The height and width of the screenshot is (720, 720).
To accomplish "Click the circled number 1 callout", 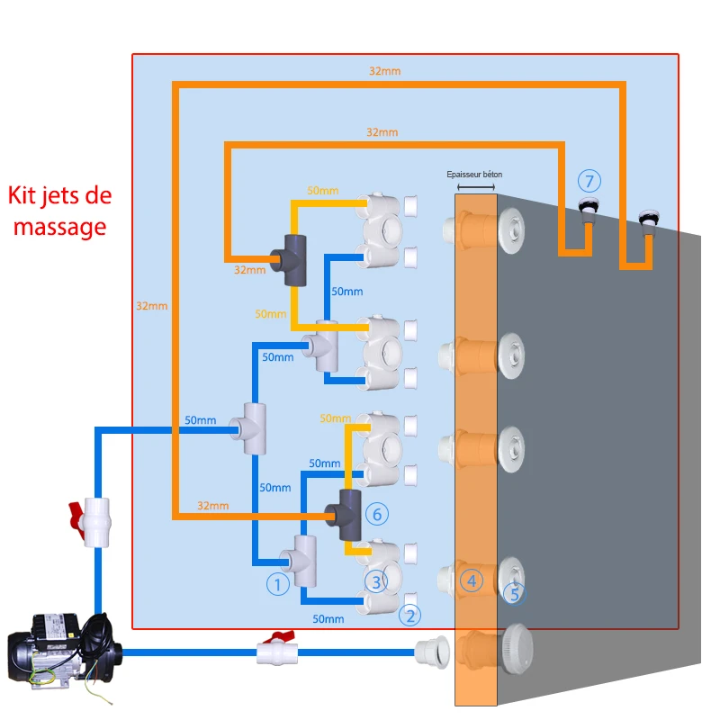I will coord(278,585).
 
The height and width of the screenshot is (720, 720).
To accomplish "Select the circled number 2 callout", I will coord(410,616).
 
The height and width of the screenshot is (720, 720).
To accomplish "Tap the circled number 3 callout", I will coord(376,580).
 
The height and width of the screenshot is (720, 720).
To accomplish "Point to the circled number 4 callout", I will coord(471,581).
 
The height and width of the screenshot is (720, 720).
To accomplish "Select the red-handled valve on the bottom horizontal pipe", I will coord(274,651).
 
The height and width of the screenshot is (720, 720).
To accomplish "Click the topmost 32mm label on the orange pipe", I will coord(384,70).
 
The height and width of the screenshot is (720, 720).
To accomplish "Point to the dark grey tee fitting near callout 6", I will coord(346,515).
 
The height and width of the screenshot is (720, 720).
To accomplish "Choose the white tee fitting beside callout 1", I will coord(303,559).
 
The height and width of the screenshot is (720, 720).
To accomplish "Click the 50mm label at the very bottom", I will coord(328,618).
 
